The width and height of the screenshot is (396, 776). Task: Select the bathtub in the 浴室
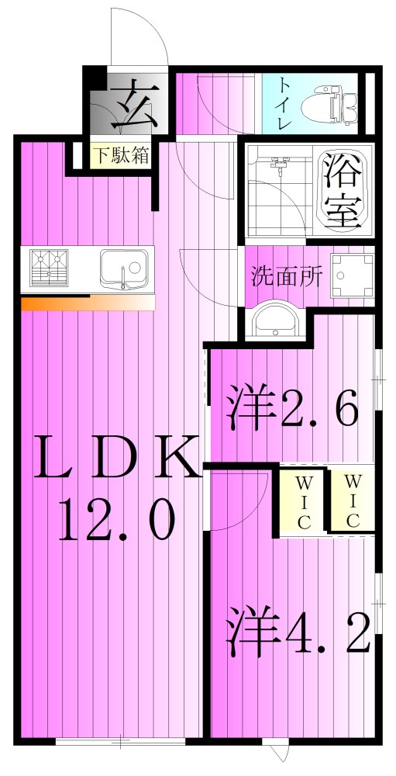tap(341, 190)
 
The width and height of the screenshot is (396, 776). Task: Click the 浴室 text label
tap(341, 190)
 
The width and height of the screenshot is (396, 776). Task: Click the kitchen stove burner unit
tap(48, 268)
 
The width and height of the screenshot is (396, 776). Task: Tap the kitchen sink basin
tap(122, 268)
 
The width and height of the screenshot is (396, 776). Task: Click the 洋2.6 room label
tap(293, 408)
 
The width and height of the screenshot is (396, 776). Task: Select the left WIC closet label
tap(302, 502)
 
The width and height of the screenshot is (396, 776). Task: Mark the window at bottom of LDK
tap(120, 742)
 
